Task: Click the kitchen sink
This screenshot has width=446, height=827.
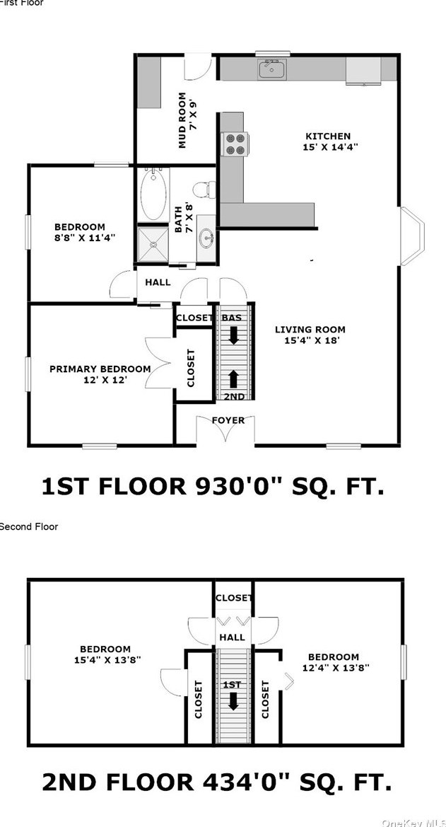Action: tap(272, 69)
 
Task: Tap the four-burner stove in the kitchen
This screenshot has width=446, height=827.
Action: tap(236, 144)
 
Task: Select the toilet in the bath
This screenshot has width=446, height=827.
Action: tap(204, 190)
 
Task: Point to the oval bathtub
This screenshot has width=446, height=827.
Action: tap(153, 194)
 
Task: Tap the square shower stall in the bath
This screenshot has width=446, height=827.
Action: tap(153, 244)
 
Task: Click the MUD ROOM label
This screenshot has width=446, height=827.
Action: tap(182, 120)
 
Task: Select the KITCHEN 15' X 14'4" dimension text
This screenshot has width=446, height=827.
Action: tap(327, 147)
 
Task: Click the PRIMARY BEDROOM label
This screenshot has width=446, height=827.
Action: tap(100, 369)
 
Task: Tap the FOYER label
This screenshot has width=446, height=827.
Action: tap(228, 420)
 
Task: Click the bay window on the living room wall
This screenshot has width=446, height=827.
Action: tap(412, 236)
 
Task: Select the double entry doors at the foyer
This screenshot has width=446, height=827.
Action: tap(225, 429)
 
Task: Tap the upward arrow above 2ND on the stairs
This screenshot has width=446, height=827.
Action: tap(233, 378)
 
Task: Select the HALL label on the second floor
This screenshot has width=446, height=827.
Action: tap(233, 637)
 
